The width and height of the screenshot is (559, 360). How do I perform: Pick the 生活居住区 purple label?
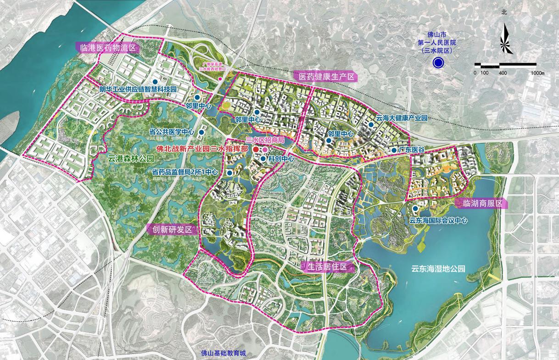point(327,267)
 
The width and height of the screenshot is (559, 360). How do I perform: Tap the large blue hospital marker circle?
point(438,63)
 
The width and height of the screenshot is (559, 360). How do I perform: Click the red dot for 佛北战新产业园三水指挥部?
point(256,150)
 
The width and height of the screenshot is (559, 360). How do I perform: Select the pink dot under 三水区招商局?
point(265,150)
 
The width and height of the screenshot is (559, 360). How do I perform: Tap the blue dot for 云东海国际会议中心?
point(415,208)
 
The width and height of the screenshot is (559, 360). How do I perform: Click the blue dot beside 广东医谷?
point(394,150)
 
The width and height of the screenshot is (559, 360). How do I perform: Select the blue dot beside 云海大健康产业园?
point(371,124)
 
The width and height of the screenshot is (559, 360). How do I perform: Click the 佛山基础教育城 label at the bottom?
point(224,354)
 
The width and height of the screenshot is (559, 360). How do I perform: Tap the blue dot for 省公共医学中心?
point(201,132)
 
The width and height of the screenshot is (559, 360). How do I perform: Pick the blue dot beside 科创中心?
point(263,159)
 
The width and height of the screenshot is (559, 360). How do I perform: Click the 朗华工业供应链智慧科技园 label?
point(139,88)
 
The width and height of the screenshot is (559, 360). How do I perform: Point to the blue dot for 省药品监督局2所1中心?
point(229,173)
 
